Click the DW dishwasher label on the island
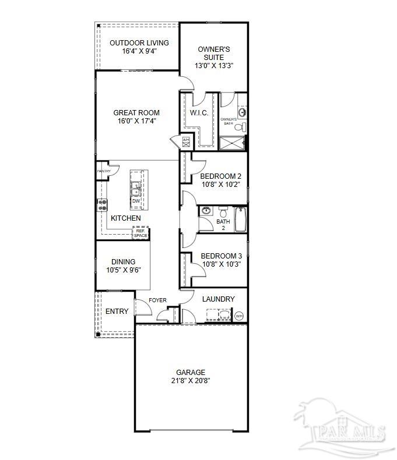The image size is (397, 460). tap(136, 201)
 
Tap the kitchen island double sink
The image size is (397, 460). tap(136, 189)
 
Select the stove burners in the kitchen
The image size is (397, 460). tap(102, 204)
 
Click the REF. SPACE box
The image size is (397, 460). tap(140, 233)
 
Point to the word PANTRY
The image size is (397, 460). tap(104, 171)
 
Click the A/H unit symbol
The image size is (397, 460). tap(186, 140)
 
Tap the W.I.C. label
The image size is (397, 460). tap(199, 113)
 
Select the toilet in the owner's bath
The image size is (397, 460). tap(243, 127)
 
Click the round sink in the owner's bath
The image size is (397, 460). tap(243, 111)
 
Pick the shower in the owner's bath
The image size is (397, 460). tap(232, 143)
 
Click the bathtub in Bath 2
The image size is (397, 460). tap(241, 221)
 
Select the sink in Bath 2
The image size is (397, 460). tap(206, 211)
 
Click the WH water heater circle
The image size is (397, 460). tap(239, 316)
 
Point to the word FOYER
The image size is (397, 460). tap(157, 300)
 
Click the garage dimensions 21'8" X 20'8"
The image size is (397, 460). tap(191, 380)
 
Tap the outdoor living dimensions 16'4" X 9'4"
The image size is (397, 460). tap(139, 51)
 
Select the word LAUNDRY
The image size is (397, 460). tap(218, 299)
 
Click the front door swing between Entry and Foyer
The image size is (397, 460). tap(143, 307)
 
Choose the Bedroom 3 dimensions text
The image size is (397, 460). tap(221, 264)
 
